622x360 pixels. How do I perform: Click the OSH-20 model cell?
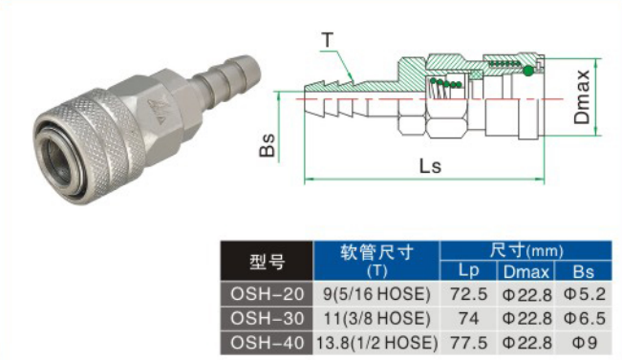click(267, 294)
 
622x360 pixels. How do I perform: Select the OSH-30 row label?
click(267, 318)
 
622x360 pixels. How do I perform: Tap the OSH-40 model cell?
click(267, 343)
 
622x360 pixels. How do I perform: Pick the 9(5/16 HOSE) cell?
click(376, 294)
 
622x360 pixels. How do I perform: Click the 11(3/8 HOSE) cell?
click(376, 318)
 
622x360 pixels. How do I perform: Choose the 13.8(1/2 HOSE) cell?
click(376, 343)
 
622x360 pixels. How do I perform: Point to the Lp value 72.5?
click(468, 294)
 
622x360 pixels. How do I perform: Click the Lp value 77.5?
click(468, 343)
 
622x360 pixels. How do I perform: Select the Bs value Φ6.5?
click(584, 318)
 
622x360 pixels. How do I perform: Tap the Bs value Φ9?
click(584, 343)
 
